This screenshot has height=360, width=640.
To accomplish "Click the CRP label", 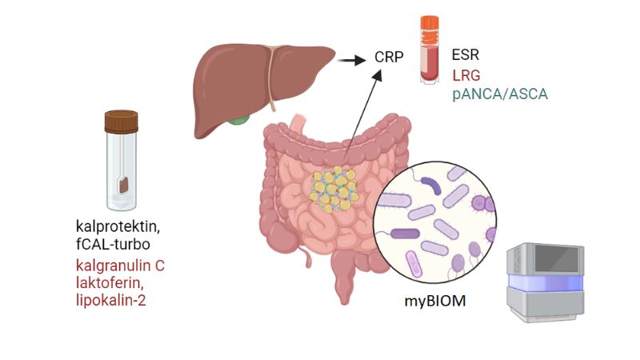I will (x=389, y=58).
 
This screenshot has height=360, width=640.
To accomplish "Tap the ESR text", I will (x=466, y=58).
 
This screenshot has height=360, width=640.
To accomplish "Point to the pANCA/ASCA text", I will (x=500, y=95).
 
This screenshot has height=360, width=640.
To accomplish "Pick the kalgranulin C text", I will (x=120, y=265).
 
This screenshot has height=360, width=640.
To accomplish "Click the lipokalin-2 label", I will (x=112, y=299).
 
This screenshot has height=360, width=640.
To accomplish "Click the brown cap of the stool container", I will (x=122, y=122).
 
